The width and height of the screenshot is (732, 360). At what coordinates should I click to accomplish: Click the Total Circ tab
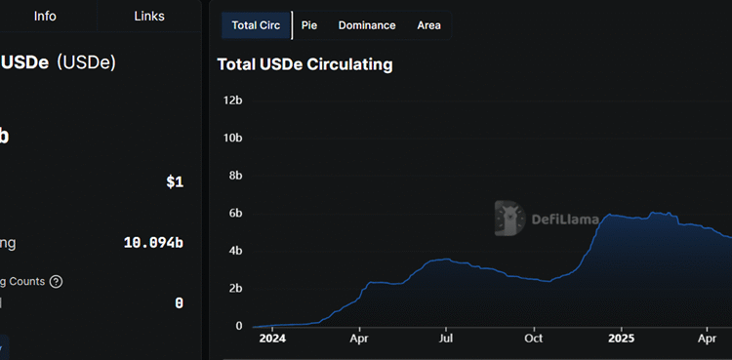point(256,25)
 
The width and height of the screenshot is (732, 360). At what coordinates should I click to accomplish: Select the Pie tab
point(308,25)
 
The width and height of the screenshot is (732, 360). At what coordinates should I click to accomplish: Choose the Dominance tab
point(367,25)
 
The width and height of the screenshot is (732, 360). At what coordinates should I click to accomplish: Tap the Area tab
point(428,25)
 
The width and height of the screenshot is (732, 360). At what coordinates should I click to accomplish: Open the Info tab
point(46,17)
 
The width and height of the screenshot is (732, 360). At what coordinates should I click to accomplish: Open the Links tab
point(149,17)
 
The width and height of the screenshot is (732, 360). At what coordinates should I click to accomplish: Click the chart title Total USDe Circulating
point(305,65)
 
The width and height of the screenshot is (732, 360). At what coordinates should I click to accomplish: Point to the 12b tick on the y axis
point(232,100)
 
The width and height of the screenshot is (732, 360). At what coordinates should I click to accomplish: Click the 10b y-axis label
point(232,138)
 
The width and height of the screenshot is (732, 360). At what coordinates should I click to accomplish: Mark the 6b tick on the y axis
point(235,214)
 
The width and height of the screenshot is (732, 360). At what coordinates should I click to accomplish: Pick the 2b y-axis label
point(235,289)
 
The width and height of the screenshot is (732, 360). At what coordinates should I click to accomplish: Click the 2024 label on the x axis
point(272,340)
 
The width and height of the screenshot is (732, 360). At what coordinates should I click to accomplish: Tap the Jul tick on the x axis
point(446,340)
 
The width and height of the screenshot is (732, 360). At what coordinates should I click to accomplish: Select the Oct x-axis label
point(534,340)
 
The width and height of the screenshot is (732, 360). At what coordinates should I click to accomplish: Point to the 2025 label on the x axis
point(622,340)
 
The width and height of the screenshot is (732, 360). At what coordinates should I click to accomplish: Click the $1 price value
point(175,182)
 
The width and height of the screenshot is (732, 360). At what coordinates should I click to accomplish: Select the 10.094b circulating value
point(153,243)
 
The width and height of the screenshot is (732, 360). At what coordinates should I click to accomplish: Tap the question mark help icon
point(56,282)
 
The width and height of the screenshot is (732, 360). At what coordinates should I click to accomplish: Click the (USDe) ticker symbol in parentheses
point(86,62)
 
